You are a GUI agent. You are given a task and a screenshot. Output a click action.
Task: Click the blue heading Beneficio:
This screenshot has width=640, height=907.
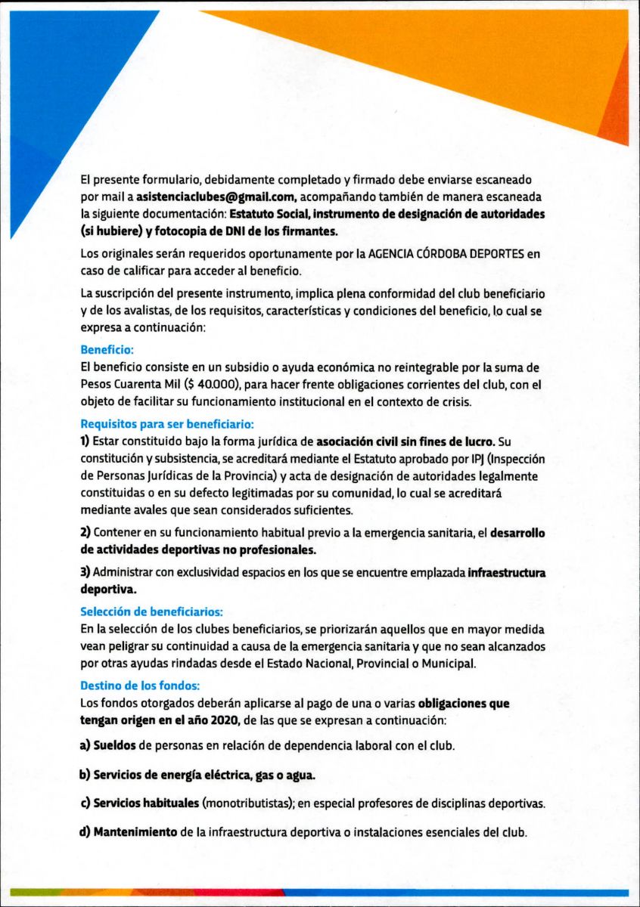click(x=107, y=350)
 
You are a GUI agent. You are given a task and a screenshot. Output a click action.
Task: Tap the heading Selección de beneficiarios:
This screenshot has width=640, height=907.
click(x=152, y=611)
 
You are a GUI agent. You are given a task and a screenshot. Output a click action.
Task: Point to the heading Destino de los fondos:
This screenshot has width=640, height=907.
click(x=140, y=686)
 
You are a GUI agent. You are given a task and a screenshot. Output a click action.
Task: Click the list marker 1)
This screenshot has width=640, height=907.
click(x=85, y=441)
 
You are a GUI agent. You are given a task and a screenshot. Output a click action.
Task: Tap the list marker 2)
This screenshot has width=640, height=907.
click(x=85, y=533)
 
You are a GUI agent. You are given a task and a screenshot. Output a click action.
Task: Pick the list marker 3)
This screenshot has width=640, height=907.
click(x=85, y=572)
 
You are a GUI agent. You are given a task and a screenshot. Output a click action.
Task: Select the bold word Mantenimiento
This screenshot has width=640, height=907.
click(x=135, y=833)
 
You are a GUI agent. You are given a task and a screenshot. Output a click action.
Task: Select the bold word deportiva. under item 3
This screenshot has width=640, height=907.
click(x=109, y=588)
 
